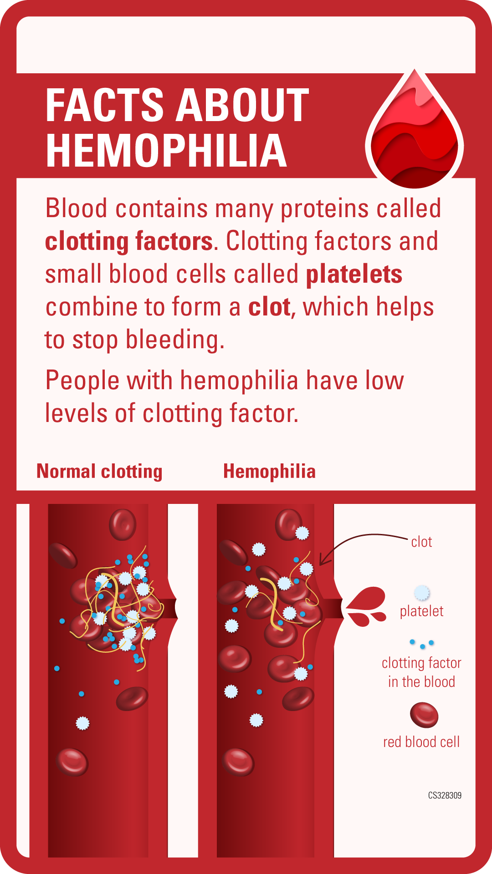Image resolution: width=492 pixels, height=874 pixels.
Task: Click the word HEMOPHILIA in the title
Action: [x=166, y=151]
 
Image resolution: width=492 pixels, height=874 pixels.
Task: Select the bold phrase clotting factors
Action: [x=129, y=241]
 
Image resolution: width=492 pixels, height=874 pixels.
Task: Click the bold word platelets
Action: [x=354, y=274]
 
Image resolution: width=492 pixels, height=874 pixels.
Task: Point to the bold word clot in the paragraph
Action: [x=269, y=307]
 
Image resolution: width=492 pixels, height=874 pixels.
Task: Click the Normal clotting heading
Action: [x=99, y=472]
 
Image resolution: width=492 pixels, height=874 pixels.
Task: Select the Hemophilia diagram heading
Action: [x=269, y=472]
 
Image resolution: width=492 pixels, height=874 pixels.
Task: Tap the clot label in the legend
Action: [x=421, y=542]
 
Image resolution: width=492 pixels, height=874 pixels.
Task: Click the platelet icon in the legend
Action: [x=422, y=593]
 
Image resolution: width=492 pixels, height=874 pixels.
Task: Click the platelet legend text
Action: [x=421, y=611]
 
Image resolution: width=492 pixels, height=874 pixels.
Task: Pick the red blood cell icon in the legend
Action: [x=424, y=715]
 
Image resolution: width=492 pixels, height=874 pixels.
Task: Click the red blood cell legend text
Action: [x=421, y=742]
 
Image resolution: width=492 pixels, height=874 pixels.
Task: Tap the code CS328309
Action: [x=445, y=795]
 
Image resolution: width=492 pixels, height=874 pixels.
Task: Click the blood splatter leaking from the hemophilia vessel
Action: [x=366, y=606]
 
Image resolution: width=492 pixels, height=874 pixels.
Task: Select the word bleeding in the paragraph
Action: [x=175, y=340]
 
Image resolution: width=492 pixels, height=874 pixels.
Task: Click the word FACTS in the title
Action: [x=104, y=105]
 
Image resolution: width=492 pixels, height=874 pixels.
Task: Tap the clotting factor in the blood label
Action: [x=421, y=672]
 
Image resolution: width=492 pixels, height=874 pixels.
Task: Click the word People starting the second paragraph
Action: [x=82, y=381]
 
